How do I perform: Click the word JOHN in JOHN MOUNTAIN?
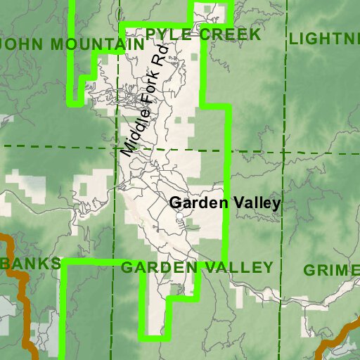click(21, 44)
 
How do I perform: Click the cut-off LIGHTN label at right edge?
click(324, 38)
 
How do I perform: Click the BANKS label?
click(32, 264)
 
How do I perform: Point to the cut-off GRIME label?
click(331, 270)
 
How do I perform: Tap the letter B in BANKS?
click(8, 264)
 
